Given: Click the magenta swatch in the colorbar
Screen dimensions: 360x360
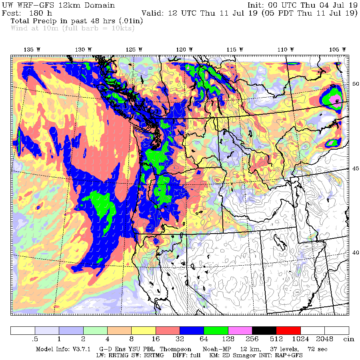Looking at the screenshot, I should coord(240,330).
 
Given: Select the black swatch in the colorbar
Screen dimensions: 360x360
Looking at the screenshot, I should coord(264,330).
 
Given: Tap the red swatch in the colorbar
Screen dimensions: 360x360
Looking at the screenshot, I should coord(288,330).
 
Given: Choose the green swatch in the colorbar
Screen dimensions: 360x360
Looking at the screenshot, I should coord(216,330).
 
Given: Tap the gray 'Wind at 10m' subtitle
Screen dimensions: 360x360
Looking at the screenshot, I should coord(72,28).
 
